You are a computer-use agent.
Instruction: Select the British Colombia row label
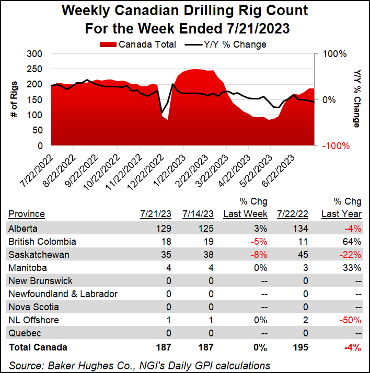tap(42, 241)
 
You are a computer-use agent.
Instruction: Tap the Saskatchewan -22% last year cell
tap(351, 254)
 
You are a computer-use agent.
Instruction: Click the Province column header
tap(27, 213)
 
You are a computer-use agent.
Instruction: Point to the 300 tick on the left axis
tap(34, 54)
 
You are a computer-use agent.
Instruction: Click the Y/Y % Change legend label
tap(236, 44)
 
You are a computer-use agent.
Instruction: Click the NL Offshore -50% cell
tap(351, 320)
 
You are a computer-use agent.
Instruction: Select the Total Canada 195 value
tap(300, 346)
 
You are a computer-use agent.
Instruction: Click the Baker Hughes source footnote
tap(140, 365)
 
